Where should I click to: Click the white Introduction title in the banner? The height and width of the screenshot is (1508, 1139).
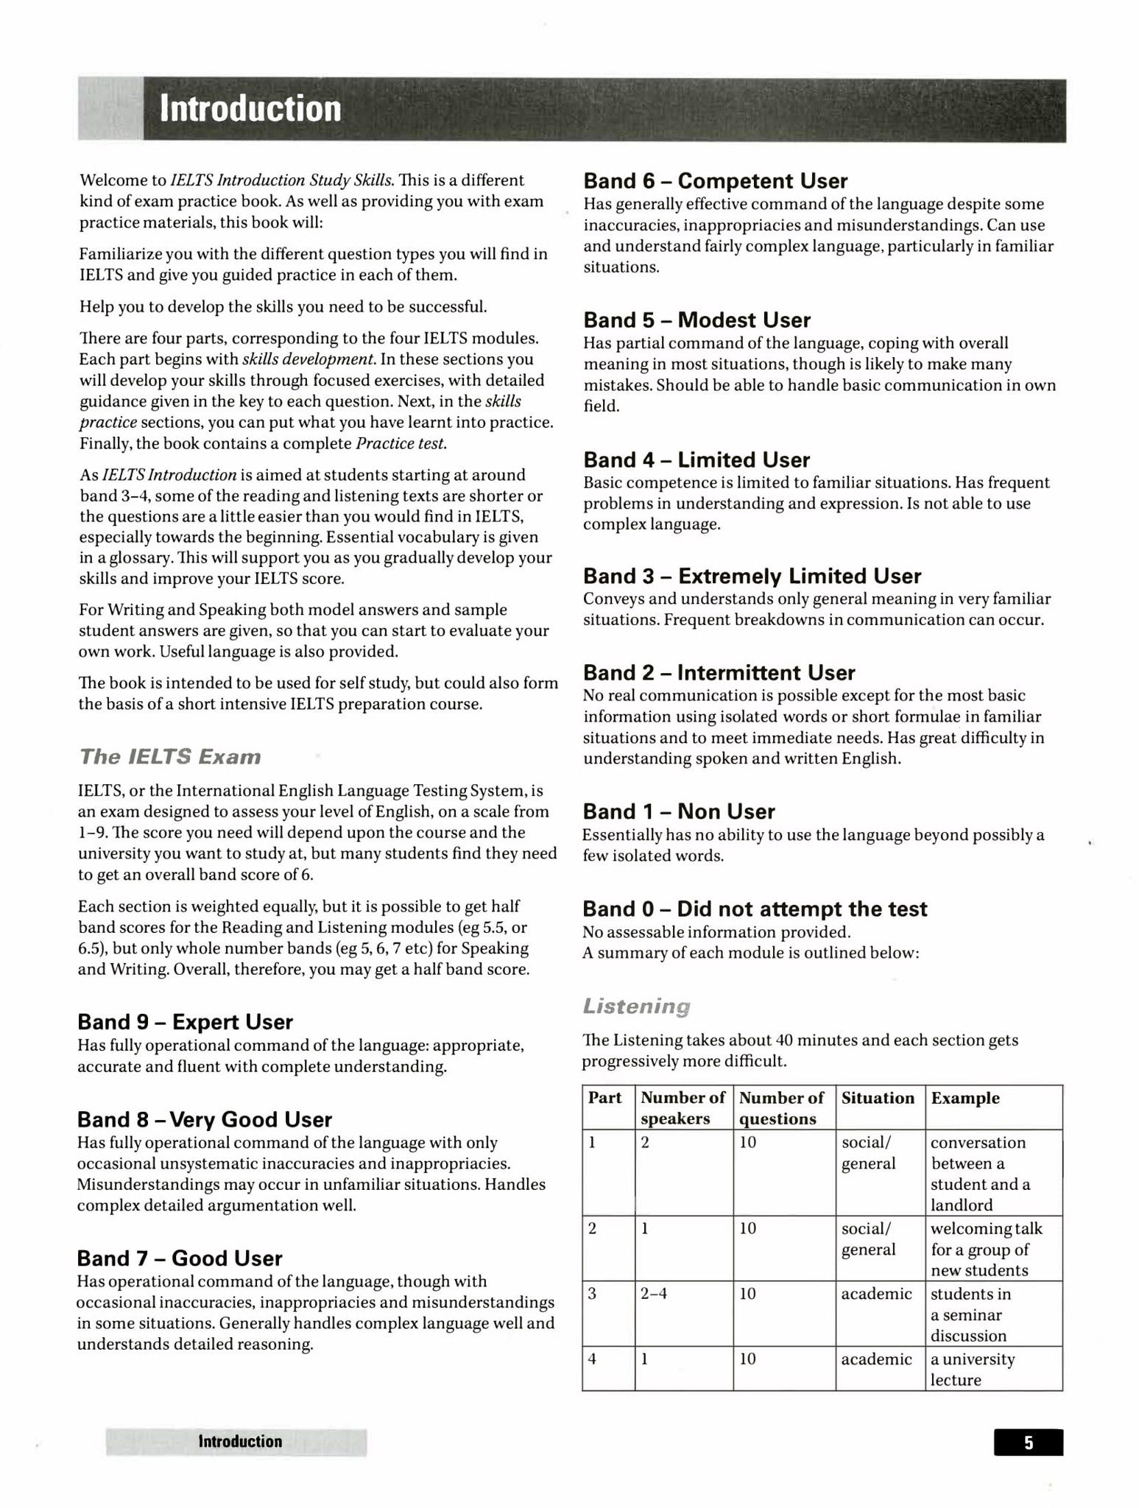pos(251,109)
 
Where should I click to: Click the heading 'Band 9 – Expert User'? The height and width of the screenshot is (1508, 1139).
pos(185,1022)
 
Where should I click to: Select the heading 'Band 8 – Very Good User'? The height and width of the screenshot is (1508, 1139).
pos(205,1119)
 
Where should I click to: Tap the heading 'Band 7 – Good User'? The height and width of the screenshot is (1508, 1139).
pos(180,1258)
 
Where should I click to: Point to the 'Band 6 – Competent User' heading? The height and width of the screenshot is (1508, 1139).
pos(715,181)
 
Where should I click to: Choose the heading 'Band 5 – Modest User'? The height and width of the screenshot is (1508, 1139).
pos(697,320)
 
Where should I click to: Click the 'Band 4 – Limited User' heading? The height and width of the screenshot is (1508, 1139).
pos(697,460)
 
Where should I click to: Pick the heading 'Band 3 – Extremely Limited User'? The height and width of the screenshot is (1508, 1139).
pos(752,576)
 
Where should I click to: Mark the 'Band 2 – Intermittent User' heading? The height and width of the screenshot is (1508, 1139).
pos(719,673)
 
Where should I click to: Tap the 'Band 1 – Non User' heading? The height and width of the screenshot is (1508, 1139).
pos(679,811)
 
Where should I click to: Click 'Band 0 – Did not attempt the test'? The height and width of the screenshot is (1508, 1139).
pos(755,909)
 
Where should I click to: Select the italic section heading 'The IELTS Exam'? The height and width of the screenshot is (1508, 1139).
pos(170,757)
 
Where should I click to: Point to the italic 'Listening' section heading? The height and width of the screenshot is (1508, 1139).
pos(637,1006)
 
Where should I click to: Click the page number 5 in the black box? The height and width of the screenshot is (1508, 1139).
pos(1028,1442)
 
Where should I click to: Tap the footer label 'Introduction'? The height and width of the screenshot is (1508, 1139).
pos(240,1442)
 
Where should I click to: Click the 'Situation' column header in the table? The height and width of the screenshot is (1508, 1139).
pos(878,1098)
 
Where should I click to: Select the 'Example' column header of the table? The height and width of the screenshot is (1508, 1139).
pos(965,1098)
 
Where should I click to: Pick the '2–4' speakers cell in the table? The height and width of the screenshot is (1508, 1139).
pos(654,1294)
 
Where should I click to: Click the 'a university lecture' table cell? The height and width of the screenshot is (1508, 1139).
pos(972,1369)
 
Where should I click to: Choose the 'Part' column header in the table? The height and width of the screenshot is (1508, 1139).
pos(605,1098)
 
